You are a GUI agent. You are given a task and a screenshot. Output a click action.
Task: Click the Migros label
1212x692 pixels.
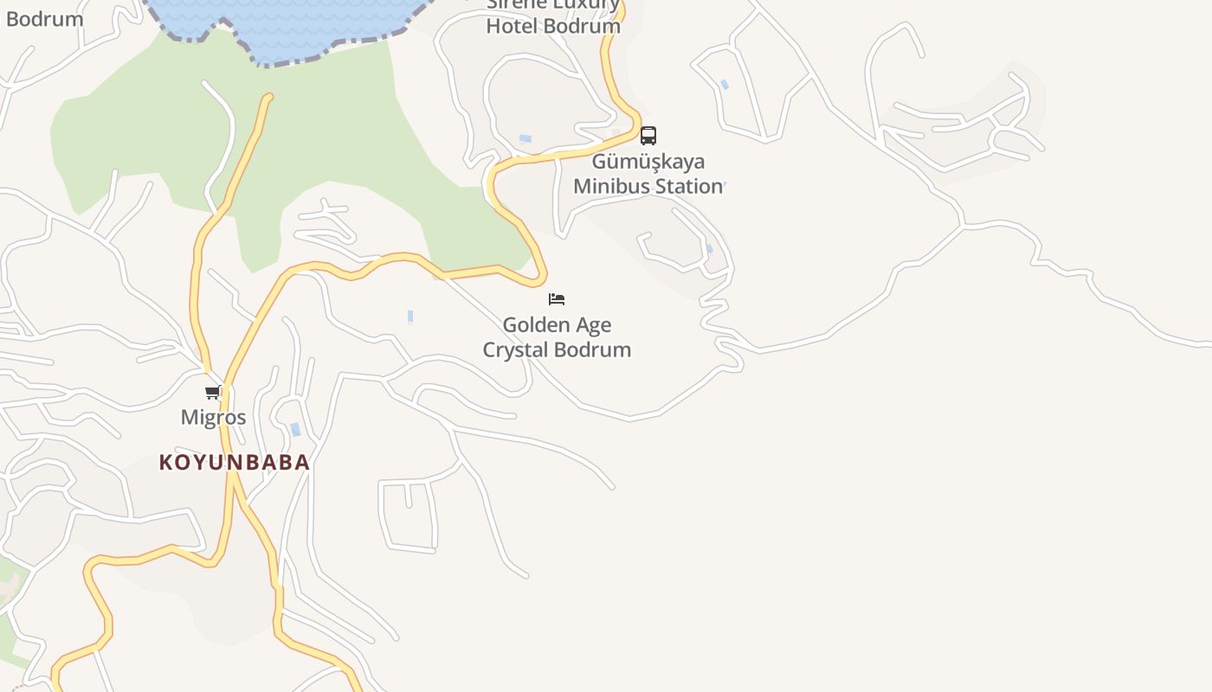pos(213,417)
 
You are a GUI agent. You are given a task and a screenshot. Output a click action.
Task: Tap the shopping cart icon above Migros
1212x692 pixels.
pos(213,393)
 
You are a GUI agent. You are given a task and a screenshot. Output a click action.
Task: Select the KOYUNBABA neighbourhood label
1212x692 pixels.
pos(235,462)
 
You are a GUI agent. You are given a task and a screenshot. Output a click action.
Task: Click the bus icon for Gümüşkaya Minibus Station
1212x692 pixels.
pos(648,136)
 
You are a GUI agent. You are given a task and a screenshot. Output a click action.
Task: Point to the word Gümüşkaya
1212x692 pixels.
pos(648,162)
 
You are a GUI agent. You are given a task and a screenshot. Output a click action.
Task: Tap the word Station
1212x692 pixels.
pos(688,186)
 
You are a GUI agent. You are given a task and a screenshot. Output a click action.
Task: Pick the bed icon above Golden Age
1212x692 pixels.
pos(557,299)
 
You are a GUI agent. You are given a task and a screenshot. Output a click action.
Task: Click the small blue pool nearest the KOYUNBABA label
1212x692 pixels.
pos(295,429)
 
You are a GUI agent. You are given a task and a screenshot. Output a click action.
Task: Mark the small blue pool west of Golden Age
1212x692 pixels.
pos(410,317)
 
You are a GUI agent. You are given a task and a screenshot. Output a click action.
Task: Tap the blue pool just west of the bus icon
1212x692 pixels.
pos(525,138)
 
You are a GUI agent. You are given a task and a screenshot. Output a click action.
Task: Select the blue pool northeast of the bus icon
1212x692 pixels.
pos(725,84)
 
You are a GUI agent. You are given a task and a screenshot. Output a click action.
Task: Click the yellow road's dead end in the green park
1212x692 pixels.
pos(268,99)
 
